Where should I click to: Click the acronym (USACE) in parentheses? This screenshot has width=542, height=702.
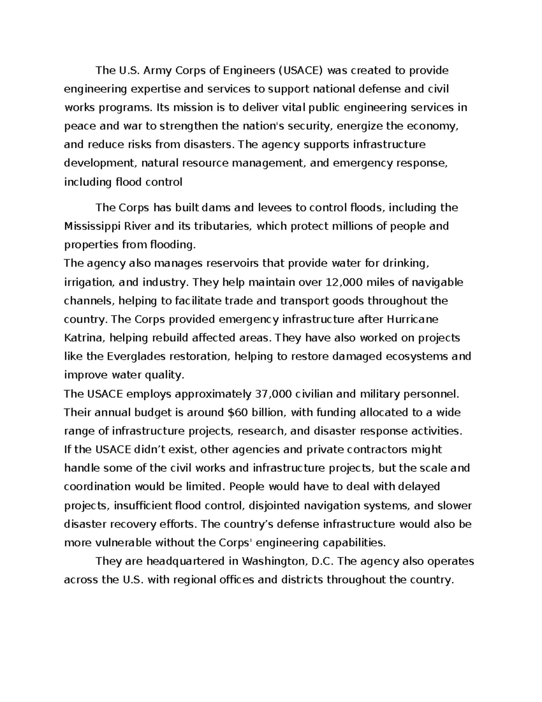[x=300, y=71]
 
